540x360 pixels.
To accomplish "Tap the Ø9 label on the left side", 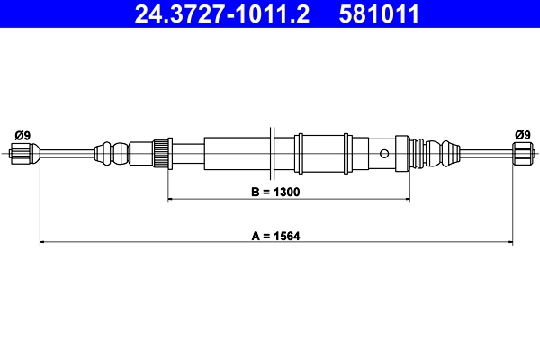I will click(x=22, y=135).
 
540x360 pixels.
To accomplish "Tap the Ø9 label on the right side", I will click(x=522, y=135).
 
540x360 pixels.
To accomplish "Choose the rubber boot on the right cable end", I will click(x=441, y=152).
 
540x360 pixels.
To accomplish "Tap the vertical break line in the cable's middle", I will click(x=271, y=151).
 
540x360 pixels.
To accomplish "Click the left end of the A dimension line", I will click(x=40, y=242).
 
